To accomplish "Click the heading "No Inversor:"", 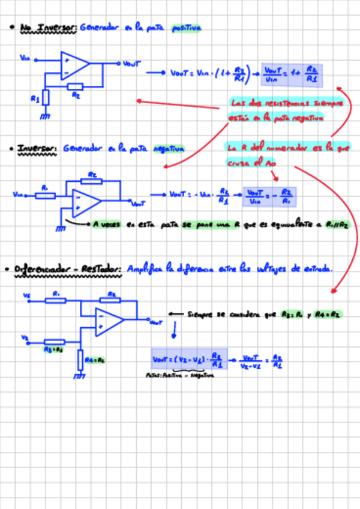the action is (48, 28).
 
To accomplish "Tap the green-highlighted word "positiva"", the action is (186, 28).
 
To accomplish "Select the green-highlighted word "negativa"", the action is (169, 148).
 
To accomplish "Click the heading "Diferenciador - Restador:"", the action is (68, 270).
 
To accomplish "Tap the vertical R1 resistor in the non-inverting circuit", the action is (46, 95).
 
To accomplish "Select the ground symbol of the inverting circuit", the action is (60, 228).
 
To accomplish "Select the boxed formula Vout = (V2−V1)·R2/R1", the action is (189, 360).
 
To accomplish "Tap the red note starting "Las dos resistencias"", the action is (286, 110).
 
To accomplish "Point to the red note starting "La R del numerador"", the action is (282, 154).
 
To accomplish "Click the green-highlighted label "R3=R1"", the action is (53, 349).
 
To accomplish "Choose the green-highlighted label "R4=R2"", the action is (95, 360).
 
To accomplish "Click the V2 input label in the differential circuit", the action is (25, 338).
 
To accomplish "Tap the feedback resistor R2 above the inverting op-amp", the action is (92, 180).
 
